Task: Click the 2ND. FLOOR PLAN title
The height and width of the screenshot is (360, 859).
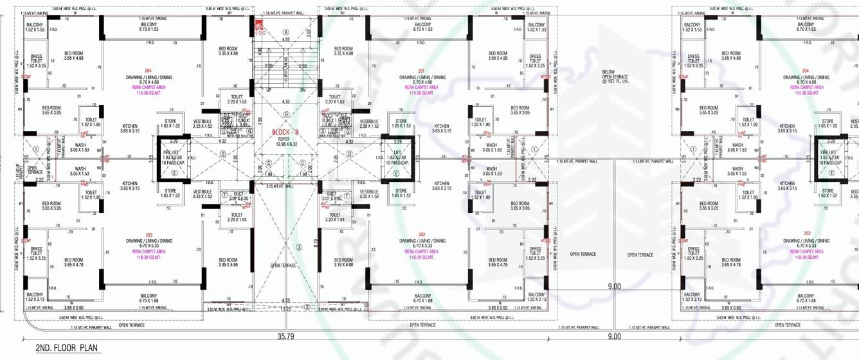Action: click(66, 348)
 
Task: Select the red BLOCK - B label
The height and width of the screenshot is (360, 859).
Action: click(285, 132)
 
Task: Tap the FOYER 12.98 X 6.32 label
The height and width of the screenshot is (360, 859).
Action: click(285, 141)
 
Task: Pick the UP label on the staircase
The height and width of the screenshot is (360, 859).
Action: click(269, 90)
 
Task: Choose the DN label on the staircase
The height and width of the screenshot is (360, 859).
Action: click(302, 90)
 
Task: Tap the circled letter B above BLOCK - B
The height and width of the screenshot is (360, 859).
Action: click(286, 114)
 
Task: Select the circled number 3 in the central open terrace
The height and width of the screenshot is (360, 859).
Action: click(298, 248)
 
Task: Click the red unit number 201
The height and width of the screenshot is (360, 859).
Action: click(422, 71)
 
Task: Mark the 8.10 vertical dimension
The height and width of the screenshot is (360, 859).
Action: click(315, 243)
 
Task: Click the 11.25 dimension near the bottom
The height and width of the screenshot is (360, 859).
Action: click(285, 309)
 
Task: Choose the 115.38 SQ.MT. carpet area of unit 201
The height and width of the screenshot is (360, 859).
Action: click(422, 93)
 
